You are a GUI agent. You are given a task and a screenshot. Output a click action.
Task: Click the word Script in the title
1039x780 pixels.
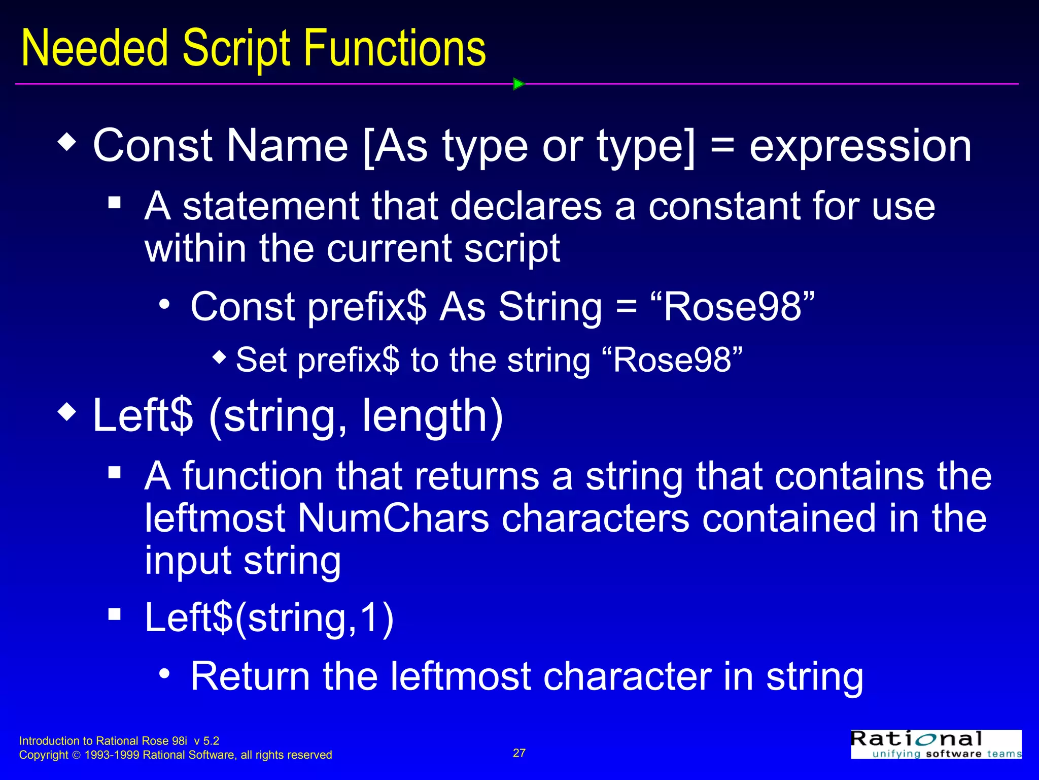236,49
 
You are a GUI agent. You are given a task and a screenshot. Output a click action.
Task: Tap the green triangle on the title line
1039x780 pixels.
518,84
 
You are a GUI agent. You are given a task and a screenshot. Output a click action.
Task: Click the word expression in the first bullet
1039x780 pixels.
860,146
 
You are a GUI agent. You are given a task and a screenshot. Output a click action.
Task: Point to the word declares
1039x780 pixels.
526,207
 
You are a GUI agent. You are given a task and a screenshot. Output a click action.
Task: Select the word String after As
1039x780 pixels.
550,307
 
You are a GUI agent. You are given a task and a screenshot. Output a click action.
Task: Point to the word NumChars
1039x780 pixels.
393,518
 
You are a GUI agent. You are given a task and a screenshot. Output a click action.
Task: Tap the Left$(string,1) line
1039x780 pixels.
269,618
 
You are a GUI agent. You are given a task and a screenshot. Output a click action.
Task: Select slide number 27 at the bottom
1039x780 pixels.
519,753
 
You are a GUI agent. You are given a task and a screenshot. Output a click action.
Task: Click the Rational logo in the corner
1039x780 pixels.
936,744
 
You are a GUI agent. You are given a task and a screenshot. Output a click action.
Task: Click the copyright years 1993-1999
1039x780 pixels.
112,755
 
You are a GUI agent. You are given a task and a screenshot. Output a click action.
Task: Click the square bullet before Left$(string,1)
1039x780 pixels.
115,614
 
